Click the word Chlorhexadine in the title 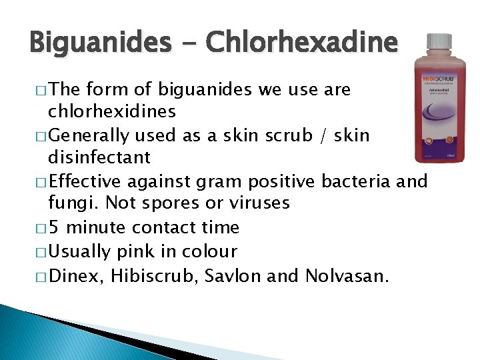301,43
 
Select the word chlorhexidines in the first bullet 112,111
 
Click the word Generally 90,135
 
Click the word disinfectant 99,158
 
